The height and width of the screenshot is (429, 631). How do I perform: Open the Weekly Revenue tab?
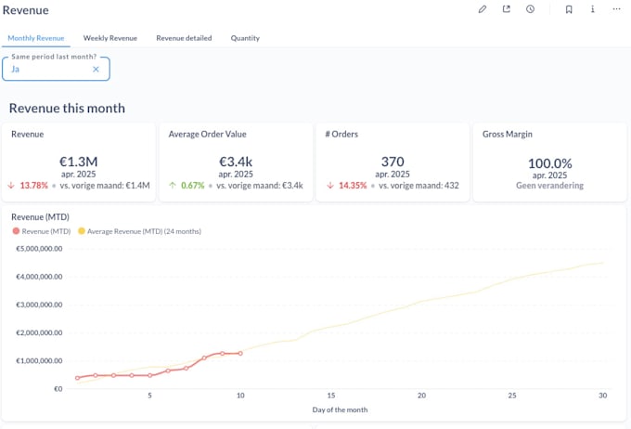point(109,38)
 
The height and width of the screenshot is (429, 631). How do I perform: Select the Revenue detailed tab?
point(184,38)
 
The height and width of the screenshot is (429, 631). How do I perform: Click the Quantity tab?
point(245,38)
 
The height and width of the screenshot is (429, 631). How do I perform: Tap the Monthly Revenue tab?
point(36,38)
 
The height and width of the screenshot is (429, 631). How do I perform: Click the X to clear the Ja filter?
point(96,69)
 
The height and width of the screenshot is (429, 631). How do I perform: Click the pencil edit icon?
point(483,9)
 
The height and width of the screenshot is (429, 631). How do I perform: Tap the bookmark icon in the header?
point(569,9)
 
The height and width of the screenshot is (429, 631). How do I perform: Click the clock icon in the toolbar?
point(530,9)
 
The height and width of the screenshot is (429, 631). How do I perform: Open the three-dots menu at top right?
point(616,9)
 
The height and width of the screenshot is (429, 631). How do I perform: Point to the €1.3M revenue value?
point(79,162)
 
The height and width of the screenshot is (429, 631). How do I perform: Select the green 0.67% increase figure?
point(193,186)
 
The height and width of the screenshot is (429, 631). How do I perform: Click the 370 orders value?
point(393,162)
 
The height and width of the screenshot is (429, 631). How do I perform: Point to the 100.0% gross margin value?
point(549,162)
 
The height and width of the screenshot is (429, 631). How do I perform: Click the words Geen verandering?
point(549,185)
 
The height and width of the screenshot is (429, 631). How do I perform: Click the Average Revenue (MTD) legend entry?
point(144,231)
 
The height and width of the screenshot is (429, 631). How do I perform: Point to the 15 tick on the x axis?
point(330,396)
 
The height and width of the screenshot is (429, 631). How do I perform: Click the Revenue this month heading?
point(67,108)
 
